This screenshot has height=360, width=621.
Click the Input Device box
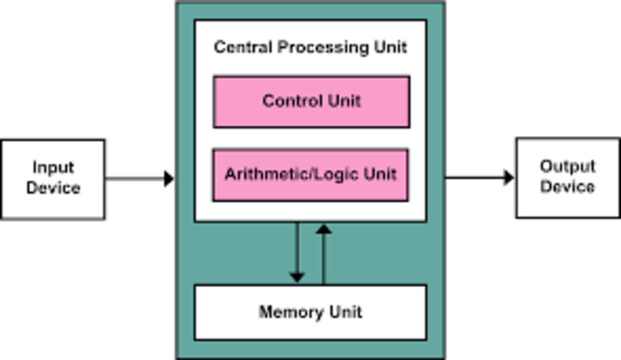coord(53,178)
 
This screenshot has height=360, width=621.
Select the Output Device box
coord(567,177)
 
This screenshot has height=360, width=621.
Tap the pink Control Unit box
coord(310,102)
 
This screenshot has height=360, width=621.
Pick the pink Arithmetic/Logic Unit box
coord(310,175)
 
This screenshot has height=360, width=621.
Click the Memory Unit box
coord(310,311)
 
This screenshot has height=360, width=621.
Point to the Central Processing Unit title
coord(310,47)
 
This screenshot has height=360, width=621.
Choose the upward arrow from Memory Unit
coord(323,252)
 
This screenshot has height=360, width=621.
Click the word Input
coord(53,168)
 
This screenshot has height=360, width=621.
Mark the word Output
coord(568,167)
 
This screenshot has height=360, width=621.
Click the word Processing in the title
coord(316,47)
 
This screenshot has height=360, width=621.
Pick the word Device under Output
coord(568,186)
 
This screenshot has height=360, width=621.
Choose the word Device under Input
coord(53,187)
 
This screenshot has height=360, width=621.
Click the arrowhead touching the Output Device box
coord(508,178)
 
